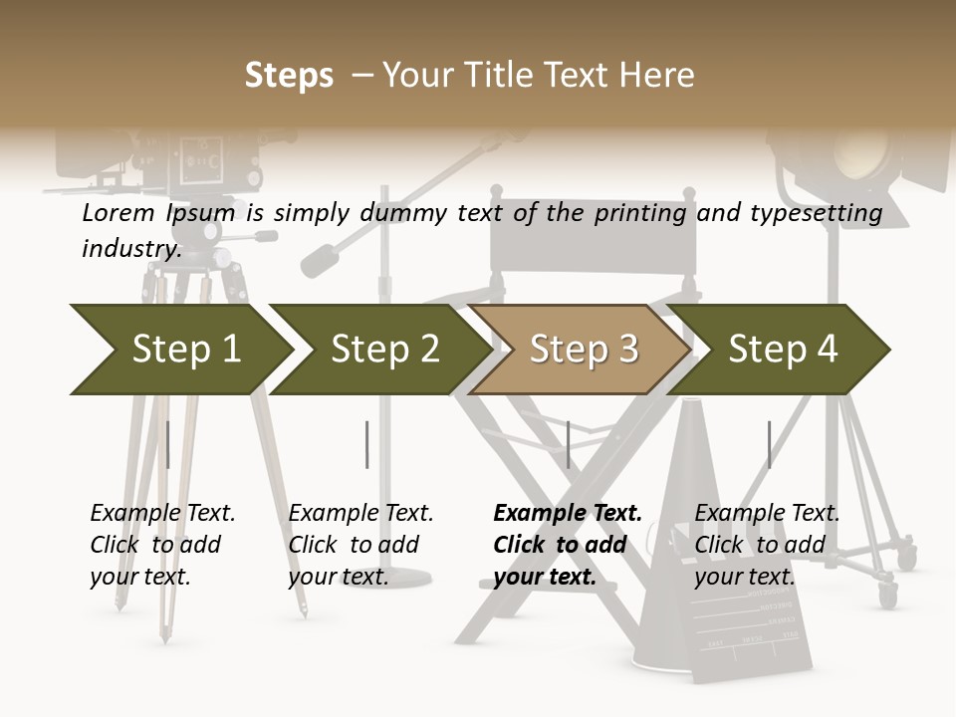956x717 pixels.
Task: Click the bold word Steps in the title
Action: [x=289, y=76]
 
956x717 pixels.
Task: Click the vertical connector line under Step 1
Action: [x=167, y=444]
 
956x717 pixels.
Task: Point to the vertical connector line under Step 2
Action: [x=367, y=444]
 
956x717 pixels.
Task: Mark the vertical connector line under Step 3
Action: [x=568, y=444]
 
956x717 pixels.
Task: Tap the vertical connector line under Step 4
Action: [x=769, y=444]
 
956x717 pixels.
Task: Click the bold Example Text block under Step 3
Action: [x=568, y=545]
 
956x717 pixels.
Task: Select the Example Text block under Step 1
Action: [x=162, y=545]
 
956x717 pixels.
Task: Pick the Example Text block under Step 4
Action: [x=767, y=545]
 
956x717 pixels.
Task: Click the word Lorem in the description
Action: [x=119, y=213]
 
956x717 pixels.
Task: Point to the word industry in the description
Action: [x=129, y=248]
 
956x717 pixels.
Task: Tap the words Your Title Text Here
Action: [x=538, y=76]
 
